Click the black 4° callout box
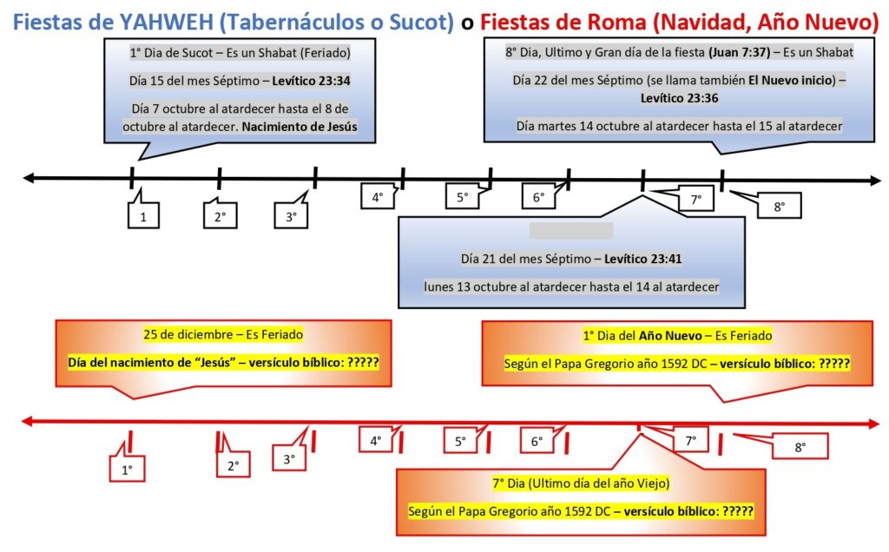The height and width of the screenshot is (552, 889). click(x=378, y=197)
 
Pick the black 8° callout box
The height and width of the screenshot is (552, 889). click(x=778, y=207)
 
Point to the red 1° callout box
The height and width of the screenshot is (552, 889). click(x=127, y=470)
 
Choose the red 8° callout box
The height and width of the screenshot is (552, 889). click(x=800, y=447)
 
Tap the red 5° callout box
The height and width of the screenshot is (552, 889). click(x=461, y=441)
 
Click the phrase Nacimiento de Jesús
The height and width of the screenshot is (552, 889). click(x=299, y=127)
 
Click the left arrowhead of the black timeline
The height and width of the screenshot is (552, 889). click(x=28, y=179)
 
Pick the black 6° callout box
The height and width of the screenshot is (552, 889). click(x=539, y=197)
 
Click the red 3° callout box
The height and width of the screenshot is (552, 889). click(x=289, y=459)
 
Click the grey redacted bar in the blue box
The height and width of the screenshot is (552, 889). click(x=571, y=231)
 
